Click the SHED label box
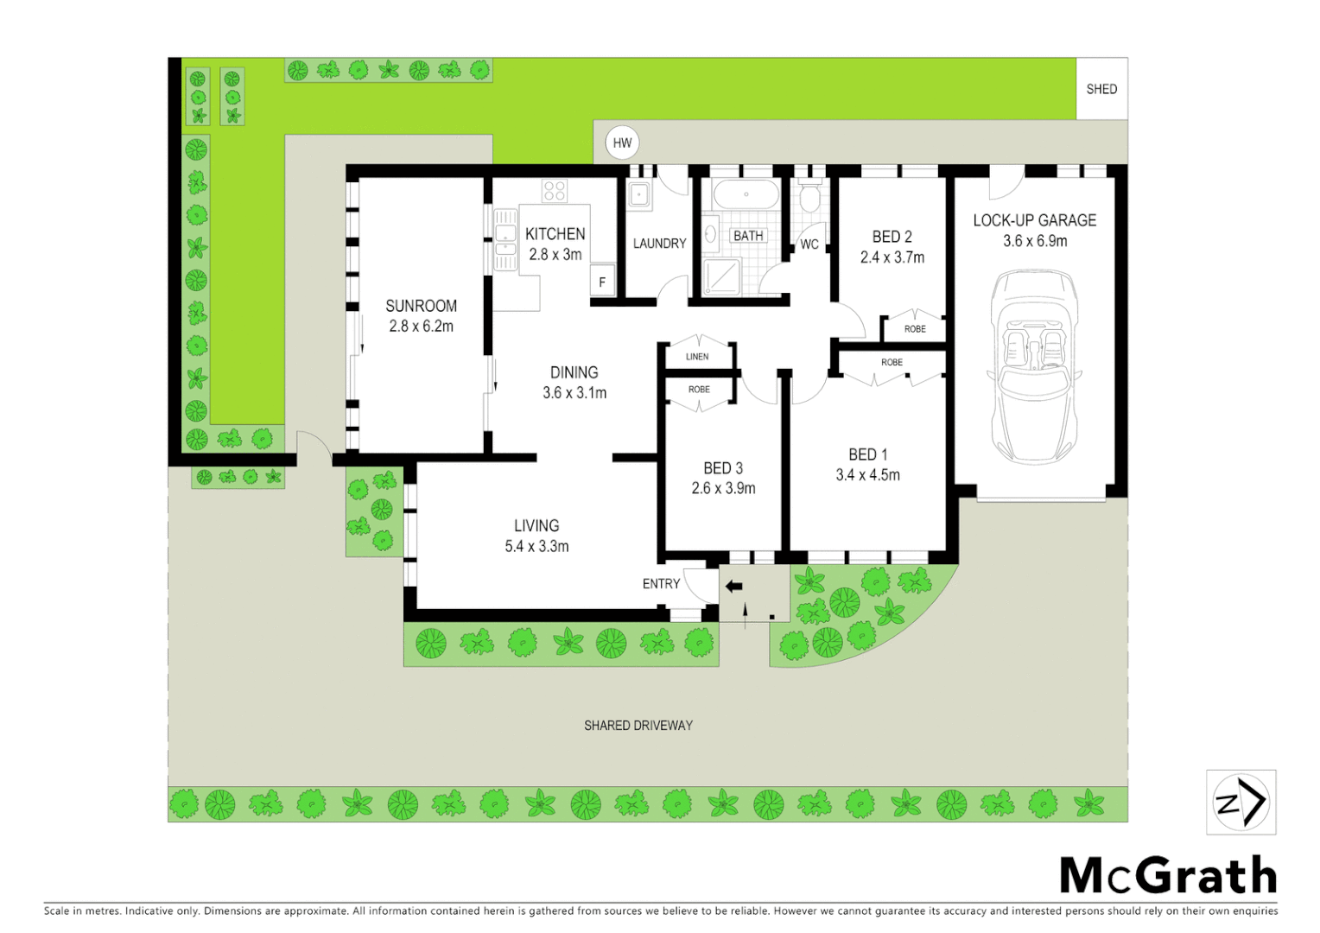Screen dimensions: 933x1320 1101,89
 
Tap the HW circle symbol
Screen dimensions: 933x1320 622,143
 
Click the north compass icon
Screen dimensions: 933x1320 1241,802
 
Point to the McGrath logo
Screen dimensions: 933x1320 1167,875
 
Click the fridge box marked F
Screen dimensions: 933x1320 602,282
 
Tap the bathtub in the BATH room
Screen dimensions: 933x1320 746,194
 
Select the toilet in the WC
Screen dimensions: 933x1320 809,200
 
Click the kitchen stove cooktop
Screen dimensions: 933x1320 555,191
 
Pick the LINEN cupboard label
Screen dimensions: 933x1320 697,357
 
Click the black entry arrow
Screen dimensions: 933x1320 733,587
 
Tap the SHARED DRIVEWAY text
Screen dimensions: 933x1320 638,726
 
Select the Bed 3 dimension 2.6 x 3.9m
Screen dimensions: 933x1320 723,489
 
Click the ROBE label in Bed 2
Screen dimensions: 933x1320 915,329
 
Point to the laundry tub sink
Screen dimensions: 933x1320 639,195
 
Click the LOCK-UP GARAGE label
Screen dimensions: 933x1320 1034,220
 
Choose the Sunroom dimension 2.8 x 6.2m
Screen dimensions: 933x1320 421,327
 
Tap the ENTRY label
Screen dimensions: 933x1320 661,584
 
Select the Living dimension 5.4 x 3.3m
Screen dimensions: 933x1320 536,546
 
